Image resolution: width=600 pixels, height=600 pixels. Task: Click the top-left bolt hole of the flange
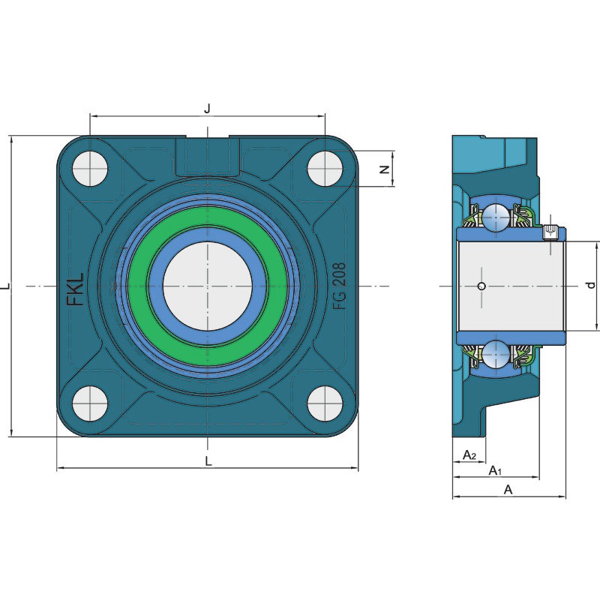click(90, 168)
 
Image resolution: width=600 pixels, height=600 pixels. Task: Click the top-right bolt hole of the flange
click(325, 168)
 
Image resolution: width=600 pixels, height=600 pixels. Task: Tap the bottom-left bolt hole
click(90, 403)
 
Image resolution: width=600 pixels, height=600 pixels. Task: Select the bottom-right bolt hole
click(325, 403)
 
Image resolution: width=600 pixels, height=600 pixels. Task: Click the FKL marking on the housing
click(76, 289)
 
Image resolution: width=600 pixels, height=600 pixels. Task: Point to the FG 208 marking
click(339, 286)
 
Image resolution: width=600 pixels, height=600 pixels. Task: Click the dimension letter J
click(207, 108)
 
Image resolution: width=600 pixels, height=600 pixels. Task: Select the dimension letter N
click(384, 169)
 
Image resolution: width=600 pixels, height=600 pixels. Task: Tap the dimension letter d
click(591, 285)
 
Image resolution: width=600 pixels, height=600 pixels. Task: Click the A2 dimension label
click(469, 455)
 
